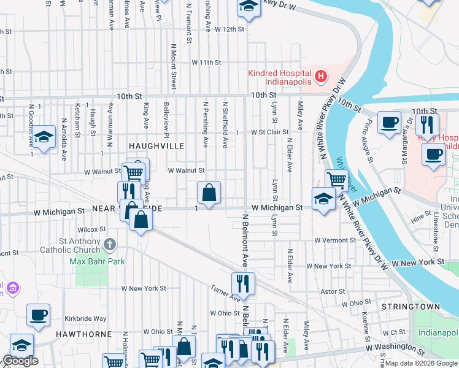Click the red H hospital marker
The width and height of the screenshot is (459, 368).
(320, 77)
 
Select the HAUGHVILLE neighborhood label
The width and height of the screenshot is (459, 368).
(156, 145)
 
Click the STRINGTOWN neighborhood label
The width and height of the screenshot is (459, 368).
(407, 305)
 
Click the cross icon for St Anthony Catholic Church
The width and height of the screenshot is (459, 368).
(110, 245)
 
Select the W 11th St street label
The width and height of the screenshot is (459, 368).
(206, 63)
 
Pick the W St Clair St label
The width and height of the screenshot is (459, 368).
(269, 132)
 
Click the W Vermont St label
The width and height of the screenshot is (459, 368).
(336, 240)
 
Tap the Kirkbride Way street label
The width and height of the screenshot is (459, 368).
(87, 319)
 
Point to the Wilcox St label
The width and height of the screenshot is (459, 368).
(88, 229)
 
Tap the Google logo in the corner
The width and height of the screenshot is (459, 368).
(20, 361)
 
